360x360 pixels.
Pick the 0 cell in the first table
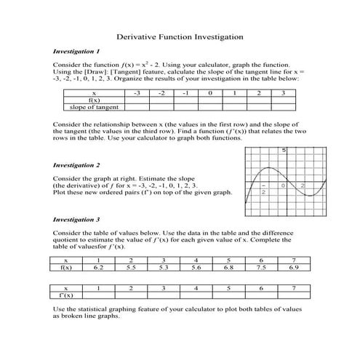coord(209,94)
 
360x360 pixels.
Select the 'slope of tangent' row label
coord(94,107)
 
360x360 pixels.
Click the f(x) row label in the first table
coord(94,100)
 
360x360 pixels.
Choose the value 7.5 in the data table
coord(260,267)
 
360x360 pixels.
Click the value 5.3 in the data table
coord(164,267)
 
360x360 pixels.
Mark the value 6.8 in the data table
coord(228,267)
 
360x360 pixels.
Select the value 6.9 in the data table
coord(293,267)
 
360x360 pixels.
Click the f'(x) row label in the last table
coord(66,295)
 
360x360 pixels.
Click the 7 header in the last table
coord(293,288)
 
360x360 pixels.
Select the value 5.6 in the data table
coord(196,267)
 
